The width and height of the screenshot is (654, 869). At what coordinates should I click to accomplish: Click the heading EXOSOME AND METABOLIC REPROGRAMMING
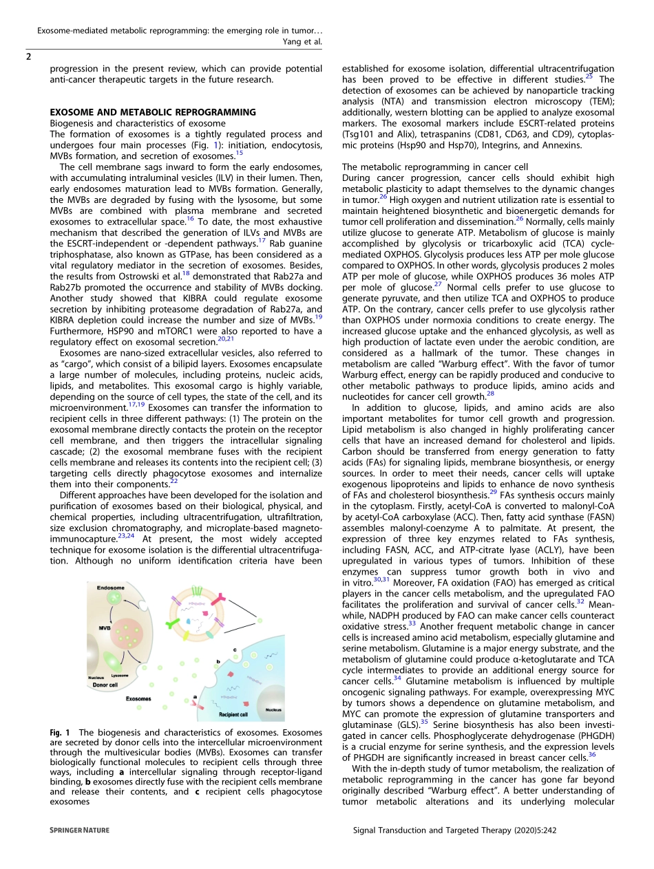coord(152,112)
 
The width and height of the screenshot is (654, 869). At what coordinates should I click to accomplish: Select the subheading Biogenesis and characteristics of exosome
coord(137,123)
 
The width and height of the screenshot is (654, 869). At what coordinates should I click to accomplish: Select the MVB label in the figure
coord(105,628)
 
